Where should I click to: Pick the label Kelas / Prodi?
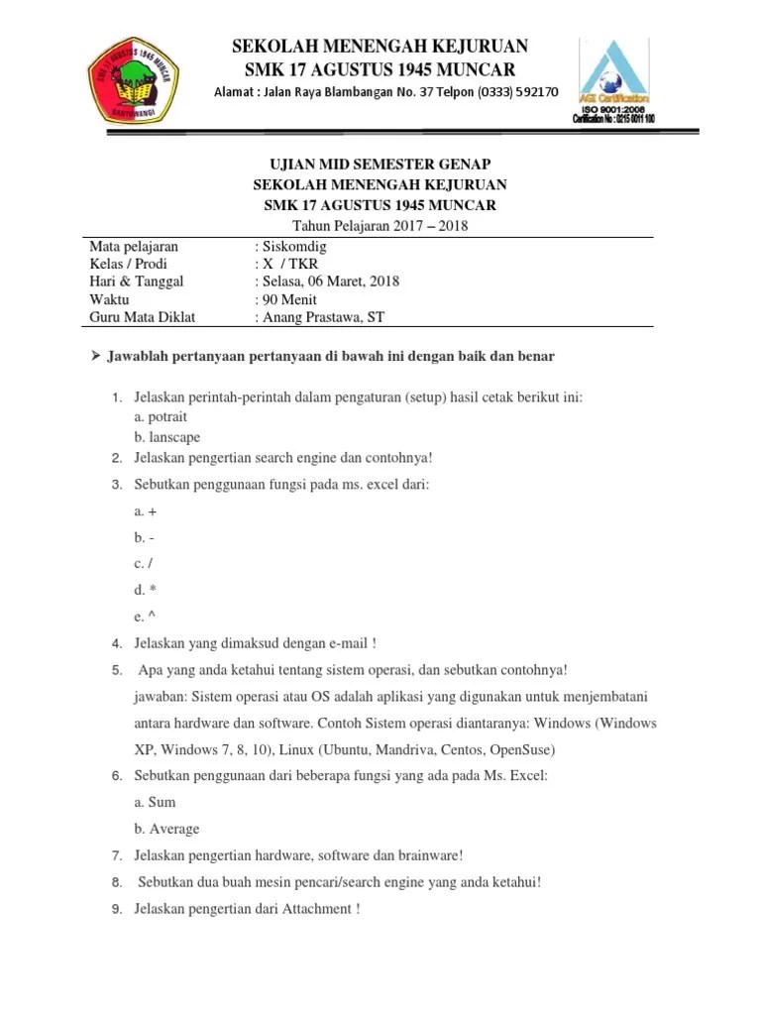coord(128,264)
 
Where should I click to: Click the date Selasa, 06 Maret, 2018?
coord(331,282)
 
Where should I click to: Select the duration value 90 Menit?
coord(288,299)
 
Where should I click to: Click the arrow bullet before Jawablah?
coord(97,356)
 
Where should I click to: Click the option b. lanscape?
coord(167,437)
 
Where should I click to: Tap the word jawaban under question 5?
coord(163,697)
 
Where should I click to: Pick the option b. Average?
coord(167,829)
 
